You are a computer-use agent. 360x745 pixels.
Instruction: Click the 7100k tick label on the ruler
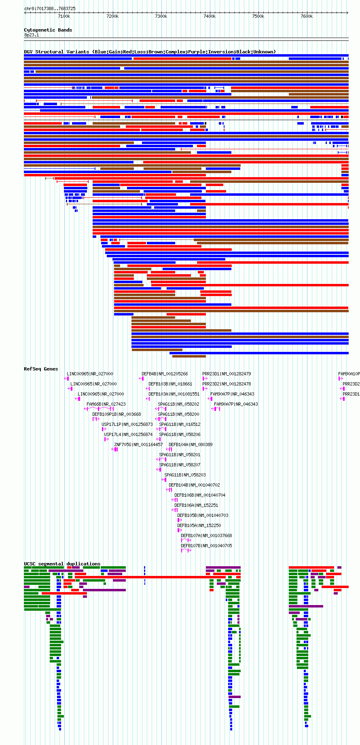[x=64, y=17]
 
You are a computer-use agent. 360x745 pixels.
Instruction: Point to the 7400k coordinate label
[x=210, y=17]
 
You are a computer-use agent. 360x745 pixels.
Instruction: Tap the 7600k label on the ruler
[x=307, y=17]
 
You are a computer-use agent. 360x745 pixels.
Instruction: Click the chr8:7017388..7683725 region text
[x=50, y=8]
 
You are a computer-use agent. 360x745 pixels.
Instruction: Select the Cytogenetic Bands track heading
[x=48, y=30]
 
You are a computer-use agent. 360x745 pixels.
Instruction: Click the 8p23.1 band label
[x=32, y=35]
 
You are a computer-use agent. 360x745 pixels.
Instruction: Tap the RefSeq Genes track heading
[x=41, y=369]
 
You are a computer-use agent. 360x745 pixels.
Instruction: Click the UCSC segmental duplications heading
[x=62, y=564]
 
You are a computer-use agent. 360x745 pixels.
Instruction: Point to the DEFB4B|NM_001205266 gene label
[x=165, y=374]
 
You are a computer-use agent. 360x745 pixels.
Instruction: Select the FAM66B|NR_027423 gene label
[x=106, y=404]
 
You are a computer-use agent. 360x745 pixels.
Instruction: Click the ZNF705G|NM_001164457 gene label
[x=138, y=445]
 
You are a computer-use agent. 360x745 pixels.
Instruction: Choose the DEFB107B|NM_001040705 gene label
[x=206, y=546]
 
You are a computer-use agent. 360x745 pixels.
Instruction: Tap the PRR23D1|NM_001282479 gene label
[x=227, y=374]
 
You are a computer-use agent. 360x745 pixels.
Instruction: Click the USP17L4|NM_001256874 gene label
[x=128, y=435]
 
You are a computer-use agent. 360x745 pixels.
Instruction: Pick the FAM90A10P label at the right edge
[x=349, y=374]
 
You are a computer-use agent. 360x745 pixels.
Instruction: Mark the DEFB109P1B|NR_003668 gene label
[x=116, y=415]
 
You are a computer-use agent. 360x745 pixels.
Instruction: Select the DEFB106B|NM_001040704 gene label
[x=200, y=495]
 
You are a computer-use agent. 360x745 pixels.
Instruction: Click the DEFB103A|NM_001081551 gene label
[x=174, y=394]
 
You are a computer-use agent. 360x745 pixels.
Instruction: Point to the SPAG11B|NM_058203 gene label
[x=185, y=475]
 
